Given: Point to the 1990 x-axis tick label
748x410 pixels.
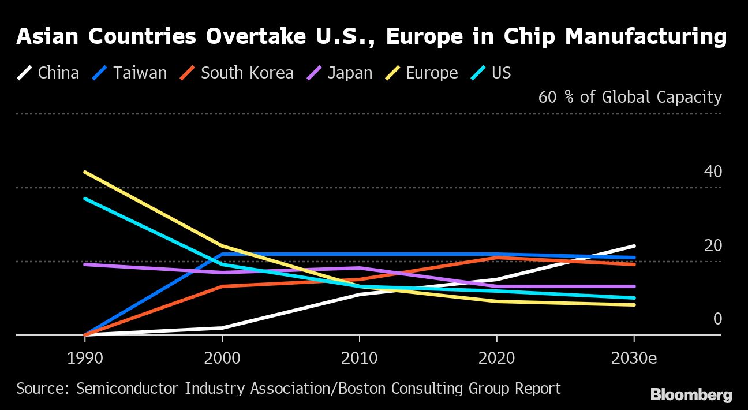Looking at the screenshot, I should click(85, 358).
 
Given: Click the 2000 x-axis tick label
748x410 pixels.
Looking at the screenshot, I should click(222, 358).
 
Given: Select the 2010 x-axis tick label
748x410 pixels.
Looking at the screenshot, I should click(360, 358).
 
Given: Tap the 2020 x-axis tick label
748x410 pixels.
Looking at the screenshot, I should click(497, 358).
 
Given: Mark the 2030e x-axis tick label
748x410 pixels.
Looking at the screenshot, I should click(634, 358).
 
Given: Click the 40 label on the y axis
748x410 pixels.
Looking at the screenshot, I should click(713, 172).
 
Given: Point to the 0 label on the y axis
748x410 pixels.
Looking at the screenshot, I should click(717, 319).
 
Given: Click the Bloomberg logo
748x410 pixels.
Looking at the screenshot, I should click(691, 396).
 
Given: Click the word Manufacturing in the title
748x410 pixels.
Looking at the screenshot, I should click(645, 37).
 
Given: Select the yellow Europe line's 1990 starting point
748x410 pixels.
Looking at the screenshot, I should click(85, 172).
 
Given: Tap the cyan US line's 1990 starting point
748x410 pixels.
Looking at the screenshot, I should click(85, 199).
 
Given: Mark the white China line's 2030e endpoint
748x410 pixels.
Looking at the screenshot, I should click(634, 246).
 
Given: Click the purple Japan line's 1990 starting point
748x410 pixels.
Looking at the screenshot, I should click(85, 264).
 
